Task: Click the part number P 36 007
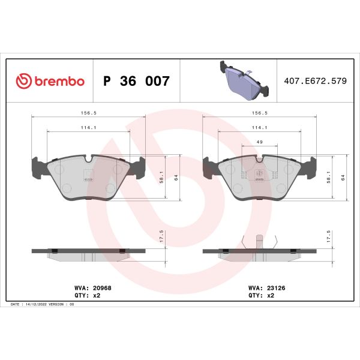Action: (137, 81)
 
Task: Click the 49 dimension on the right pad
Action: (259, 142)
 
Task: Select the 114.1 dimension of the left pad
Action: (88, 127)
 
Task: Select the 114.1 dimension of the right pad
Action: (259, 127)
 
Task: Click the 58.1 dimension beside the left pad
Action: (161, 178)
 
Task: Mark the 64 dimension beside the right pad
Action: (343, 178)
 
